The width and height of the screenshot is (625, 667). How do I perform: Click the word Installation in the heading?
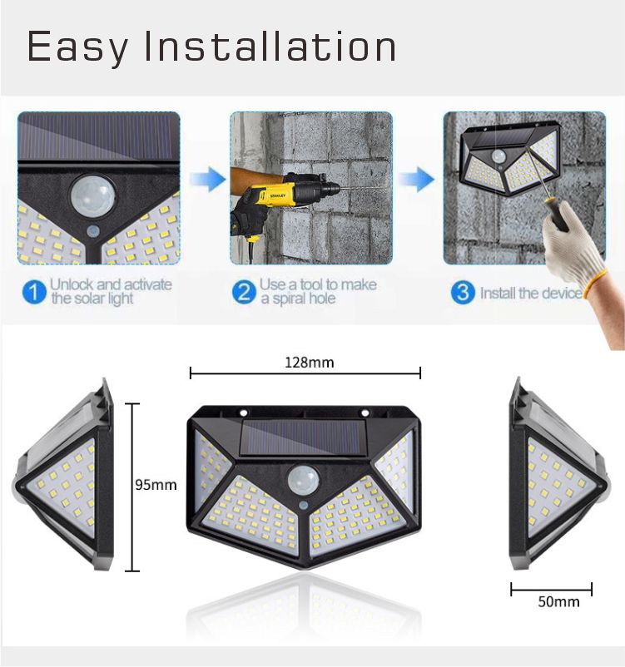[270, 46]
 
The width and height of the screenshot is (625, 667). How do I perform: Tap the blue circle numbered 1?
[34, 292]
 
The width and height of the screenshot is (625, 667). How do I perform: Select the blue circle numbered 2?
[244, 292]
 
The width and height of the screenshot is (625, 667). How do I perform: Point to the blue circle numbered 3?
[463, 292]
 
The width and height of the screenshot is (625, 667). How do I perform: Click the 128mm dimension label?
[309, 363]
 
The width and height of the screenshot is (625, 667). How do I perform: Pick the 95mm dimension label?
[156, 485]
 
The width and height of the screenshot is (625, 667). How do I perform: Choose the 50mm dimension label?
[558, 601]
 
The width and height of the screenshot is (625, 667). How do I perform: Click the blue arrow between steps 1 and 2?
[207, 180]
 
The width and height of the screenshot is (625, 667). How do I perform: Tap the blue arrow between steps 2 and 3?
[416, 180]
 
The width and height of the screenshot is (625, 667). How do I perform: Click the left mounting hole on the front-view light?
[244, 413]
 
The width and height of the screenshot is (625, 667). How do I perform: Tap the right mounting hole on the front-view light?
[365, 413]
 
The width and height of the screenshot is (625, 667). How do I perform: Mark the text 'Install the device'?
[531, 293]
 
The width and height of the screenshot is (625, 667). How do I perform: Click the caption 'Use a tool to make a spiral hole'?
[319, 291]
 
